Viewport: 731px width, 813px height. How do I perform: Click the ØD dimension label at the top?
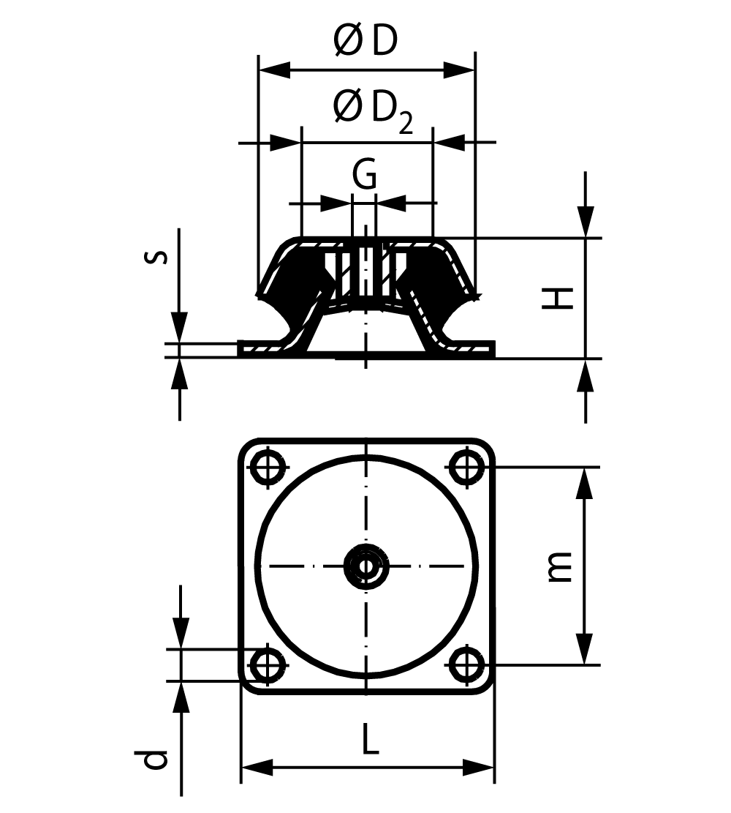click(365, 42)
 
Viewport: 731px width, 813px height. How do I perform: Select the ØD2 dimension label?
click(372, 110)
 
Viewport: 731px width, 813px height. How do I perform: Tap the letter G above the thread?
click(364, 175)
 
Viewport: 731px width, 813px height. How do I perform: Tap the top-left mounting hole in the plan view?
click(268, 465)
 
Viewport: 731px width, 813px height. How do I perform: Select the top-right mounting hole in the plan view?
click(466, 465)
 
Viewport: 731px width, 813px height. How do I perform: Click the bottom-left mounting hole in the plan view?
click(268, 664)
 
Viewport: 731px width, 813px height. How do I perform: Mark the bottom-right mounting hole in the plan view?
click(466, 664)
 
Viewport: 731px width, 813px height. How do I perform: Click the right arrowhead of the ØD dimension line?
click(461, 71)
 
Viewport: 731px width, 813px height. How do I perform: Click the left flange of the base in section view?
click(263, 349)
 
